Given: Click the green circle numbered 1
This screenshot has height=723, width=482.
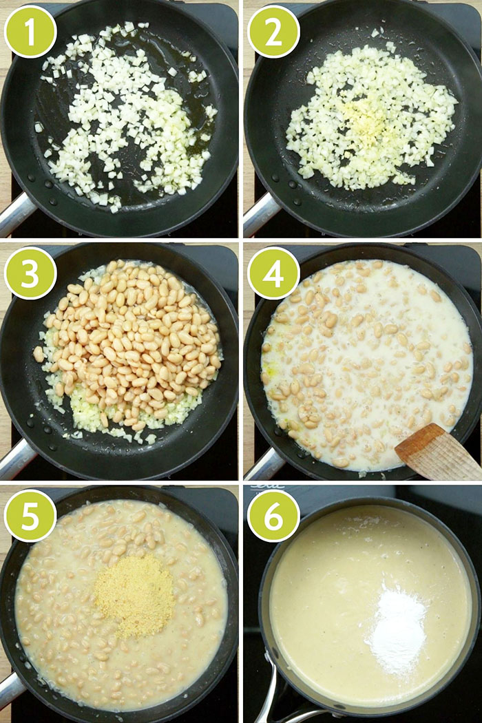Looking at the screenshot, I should (30, 32).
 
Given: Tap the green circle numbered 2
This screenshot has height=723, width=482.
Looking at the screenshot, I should (273, 32).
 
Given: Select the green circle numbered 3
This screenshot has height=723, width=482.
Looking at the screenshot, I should (30, 273).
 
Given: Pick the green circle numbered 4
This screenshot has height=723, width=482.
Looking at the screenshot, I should (273, 273).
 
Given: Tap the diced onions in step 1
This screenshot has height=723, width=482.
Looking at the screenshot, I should (124, 117).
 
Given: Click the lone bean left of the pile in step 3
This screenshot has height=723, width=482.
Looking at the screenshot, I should (39, 354).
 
